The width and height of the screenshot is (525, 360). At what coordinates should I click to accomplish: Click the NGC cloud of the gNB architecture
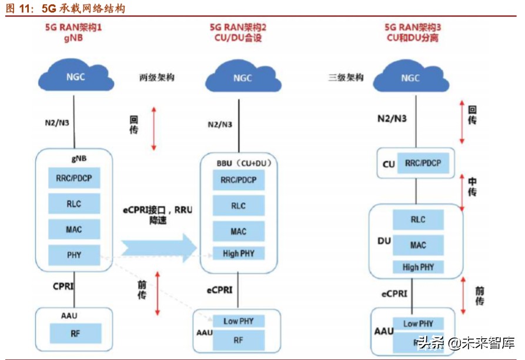click(x=73, y=78)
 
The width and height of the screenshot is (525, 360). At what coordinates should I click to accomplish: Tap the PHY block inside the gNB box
click(x=73, y=255)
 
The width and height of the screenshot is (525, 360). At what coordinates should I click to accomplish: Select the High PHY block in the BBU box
click(x=238, y=254)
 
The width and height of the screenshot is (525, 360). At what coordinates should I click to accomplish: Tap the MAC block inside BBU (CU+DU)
click(x=238, y=231)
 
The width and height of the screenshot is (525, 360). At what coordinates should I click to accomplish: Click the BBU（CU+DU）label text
click(x=239, y=163)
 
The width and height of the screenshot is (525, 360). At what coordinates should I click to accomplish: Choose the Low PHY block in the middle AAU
click(x=238, y=321)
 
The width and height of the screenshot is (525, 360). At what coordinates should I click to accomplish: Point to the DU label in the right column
click(x=384, y=242)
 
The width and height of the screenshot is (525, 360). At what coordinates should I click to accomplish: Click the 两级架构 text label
click(x=156, y=78)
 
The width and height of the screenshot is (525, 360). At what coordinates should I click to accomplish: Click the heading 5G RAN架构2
click(x=238, y=27)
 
